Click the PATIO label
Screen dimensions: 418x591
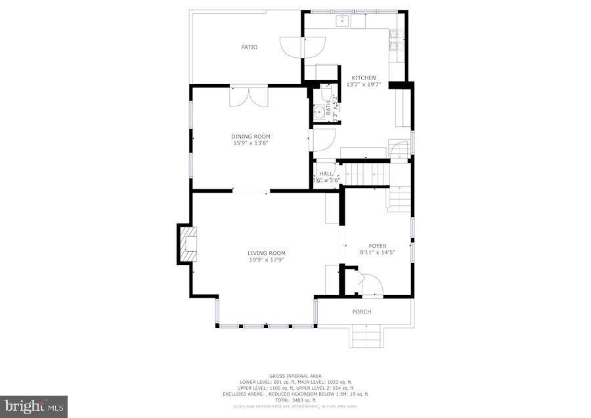[249, 47]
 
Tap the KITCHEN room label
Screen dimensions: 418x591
[363, 78]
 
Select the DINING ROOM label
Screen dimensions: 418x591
[250, 136]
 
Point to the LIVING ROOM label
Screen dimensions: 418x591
[266, 253]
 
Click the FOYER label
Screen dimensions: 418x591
[377, 246]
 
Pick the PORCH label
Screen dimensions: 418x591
[362, 312]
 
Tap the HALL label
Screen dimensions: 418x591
[326, 174]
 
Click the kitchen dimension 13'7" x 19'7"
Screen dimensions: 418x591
[363, 85]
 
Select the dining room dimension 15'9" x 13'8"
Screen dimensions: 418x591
[250, 143]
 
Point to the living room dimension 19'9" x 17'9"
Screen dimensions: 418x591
[266, 260]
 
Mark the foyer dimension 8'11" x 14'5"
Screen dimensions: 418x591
[377, 252]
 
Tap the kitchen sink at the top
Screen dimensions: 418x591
[342, 21]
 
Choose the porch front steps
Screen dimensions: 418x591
[366, 338]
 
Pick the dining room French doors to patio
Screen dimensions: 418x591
[249, 96]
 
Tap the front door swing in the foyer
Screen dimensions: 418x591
[372, 285]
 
